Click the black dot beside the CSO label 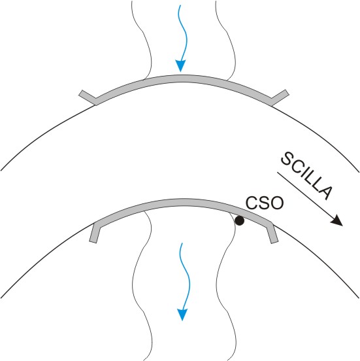click(x=239, y=221)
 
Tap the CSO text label click(x=265, y=203)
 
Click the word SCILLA click(x=306, y=175)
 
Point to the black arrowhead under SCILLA click(x=337, y=220)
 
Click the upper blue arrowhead click(x=180, y=66)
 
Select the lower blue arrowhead click(x=182, y=315)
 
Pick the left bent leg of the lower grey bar click(x=95, y=233)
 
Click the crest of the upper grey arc click(x=182, y=78)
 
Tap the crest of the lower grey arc click(x=182, y=202)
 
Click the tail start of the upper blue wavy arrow click(x=180, y=5)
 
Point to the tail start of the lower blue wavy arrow click(x=182, y=243)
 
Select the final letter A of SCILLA click(x=326, y=192)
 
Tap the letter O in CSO click(x=277, y=203)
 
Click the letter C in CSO click(x=252, y=203)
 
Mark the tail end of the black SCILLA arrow click(x=278, y=172)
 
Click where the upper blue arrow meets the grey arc click(x=180, y=75)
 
